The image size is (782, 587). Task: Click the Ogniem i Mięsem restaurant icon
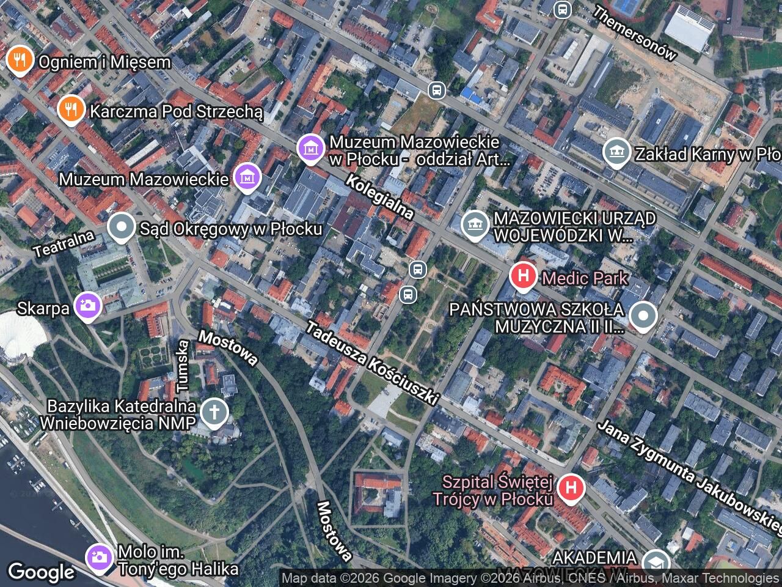pos(20,60)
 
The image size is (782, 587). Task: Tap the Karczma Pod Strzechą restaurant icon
pos(71,109)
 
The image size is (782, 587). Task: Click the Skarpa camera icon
pos(88,306)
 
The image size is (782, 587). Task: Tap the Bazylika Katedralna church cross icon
pos(214,412)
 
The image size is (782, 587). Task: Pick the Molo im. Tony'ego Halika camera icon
pos(98,557)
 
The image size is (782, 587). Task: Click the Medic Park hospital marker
pos(523,276)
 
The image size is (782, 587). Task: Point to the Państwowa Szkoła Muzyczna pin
pos(643,317)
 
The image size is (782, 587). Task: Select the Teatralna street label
pos(64,244)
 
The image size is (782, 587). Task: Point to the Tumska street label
pos(182,366)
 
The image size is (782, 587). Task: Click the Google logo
pos(42,572)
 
